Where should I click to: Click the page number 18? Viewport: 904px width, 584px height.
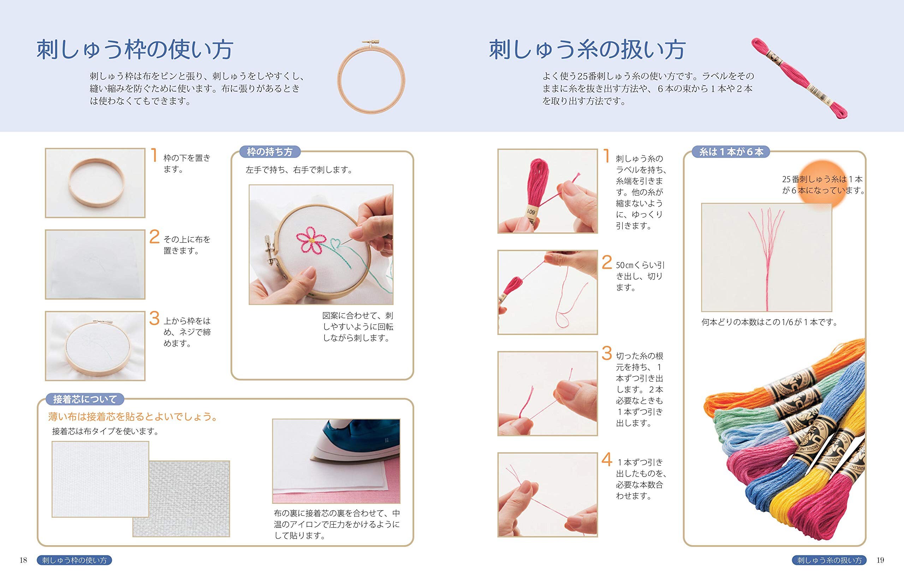point(23,560)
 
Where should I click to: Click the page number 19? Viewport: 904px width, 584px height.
point(880,560)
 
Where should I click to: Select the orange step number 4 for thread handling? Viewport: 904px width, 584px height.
point(607,460)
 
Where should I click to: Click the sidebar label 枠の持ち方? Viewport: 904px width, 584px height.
point(269,152)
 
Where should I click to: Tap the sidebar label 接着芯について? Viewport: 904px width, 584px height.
point(85,399)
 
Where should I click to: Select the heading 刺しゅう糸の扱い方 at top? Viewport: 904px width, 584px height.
point(587,50)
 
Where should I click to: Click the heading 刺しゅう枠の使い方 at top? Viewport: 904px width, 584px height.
point(135,50)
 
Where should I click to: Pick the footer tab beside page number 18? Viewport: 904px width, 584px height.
point(74,560)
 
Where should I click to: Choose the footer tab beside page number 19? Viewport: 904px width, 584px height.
point(829,560)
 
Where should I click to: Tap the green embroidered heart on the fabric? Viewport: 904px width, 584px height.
point(335,243)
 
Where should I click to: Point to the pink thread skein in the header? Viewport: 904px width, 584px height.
point(799,78)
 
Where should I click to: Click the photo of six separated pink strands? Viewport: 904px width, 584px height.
point(766,258)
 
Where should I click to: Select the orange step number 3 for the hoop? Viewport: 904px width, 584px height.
point(154,318)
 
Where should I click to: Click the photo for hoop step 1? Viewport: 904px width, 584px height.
point(95,183)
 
